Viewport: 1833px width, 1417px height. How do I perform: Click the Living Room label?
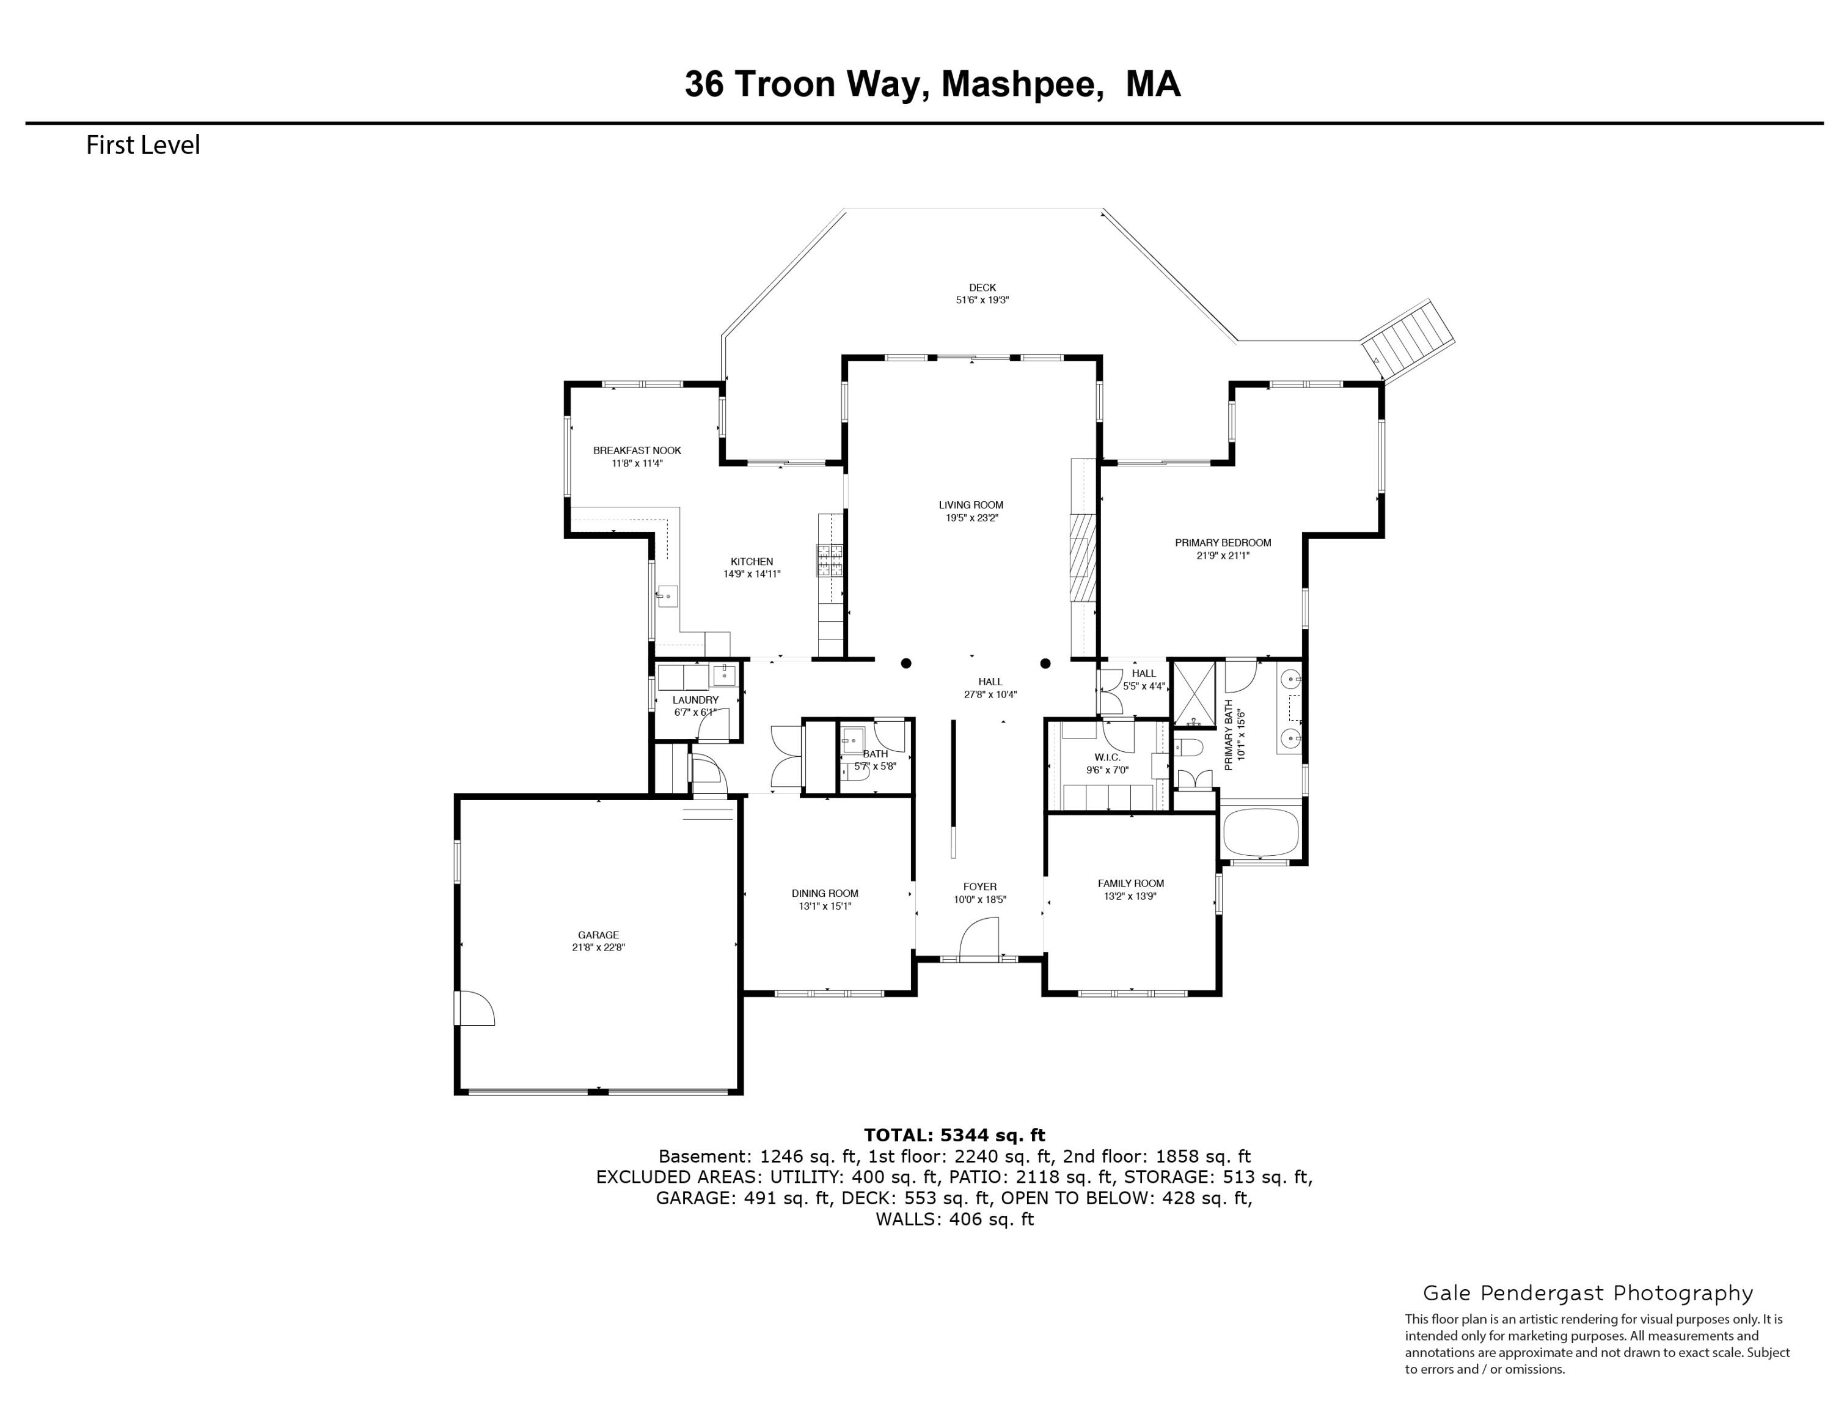point(971,504)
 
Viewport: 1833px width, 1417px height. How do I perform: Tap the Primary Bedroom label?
point(1223,542)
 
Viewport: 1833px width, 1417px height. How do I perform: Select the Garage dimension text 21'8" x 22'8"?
point(598,947)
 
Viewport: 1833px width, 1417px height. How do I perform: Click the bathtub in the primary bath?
point(1260,831)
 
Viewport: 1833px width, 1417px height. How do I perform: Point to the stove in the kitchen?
point(830,561)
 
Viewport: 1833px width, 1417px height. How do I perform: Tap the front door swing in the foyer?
point(980,938)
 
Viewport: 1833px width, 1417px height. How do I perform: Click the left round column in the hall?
point(906,663)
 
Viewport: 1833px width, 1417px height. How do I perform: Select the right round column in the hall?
point(1045,663)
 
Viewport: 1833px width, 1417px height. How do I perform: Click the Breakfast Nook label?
point(637,450)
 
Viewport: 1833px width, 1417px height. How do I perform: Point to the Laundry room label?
point(695,699)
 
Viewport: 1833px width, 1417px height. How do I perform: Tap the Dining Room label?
point(825,893)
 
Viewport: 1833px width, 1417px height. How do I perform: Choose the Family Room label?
point(1130,883)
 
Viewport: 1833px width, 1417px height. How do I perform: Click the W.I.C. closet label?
point(1107,757)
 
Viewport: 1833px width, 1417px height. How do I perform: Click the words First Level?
point(143,145)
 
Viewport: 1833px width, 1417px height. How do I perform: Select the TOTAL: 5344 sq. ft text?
point(954,1136)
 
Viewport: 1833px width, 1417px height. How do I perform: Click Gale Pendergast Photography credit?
point(1588,1293)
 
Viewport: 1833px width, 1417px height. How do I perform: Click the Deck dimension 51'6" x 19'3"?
point(982,300)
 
